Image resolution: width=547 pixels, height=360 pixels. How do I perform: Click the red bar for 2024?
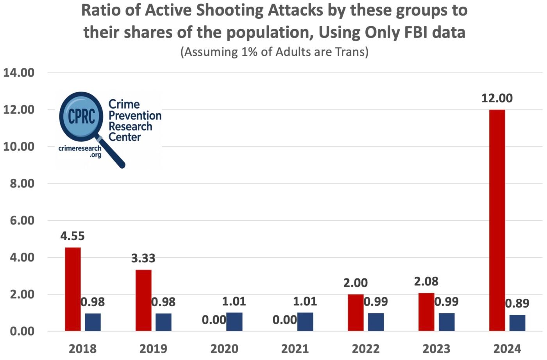(x=497, y=220)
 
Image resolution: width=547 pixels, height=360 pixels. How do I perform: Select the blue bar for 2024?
(x=517, y=323)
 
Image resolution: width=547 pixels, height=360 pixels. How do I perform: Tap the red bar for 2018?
(x=73, y=289)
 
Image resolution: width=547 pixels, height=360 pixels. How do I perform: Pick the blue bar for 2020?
(x=234, y=322)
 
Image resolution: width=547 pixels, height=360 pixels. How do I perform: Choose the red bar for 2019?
(x=143, y=300)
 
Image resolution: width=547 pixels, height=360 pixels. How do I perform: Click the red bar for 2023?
(x=426, y=312)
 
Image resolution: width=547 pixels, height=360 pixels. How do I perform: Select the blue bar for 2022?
(x=376, y=322)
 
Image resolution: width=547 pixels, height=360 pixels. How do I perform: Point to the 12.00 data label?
(x=497, y=98)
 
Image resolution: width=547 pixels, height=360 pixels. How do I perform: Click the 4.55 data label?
(x=72, y=236)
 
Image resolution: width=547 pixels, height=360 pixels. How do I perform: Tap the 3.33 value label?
(x=143, y=258)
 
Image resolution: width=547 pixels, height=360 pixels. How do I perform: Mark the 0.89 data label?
(x=517, y=303)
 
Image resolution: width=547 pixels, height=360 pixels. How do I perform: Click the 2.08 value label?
(x=426, y=281)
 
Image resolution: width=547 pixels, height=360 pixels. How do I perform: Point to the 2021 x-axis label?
(x=295, y=348)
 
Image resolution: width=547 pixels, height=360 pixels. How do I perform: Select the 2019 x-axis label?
(x=153, y=348)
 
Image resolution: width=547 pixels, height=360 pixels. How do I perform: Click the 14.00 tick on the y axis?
(x=19, y=73)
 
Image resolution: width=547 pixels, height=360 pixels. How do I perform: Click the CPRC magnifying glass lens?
(x=81, y=116)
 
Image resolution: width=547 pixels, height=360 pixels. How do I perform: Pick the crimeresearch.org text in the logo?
(x=80, y=151)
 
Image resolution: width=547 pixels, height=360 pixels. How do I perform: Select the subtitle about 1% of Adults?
(x=274, y=52)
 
